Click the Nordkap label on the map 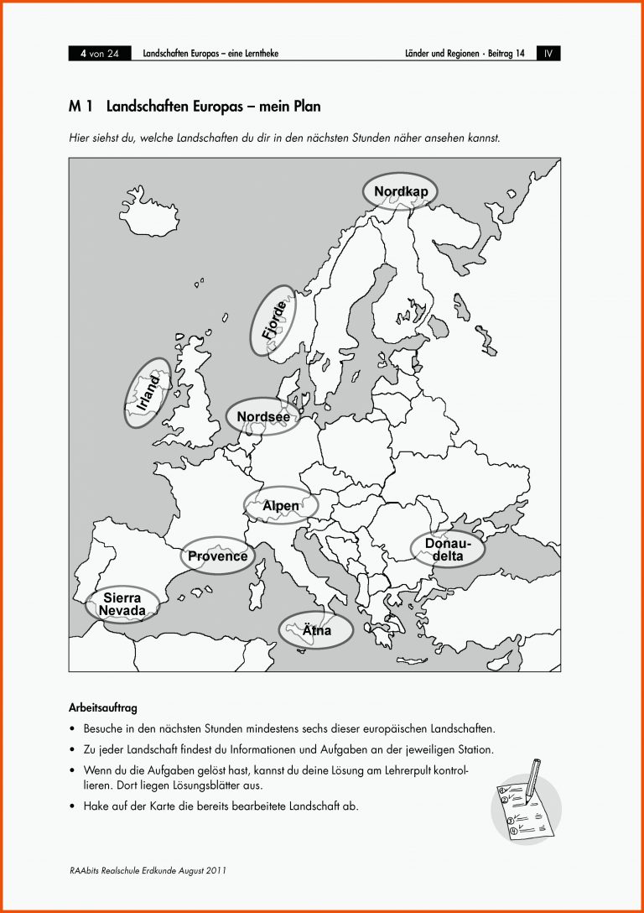401,192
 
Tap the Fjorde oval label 273,320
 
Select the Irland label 148,393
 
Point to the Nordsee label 263,416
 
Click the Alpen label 281,506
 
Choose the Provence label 217,556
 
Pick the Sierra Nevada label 122,604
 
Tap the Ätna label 316,630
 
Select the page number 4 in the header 84,54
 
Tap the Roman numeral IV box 548,54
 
